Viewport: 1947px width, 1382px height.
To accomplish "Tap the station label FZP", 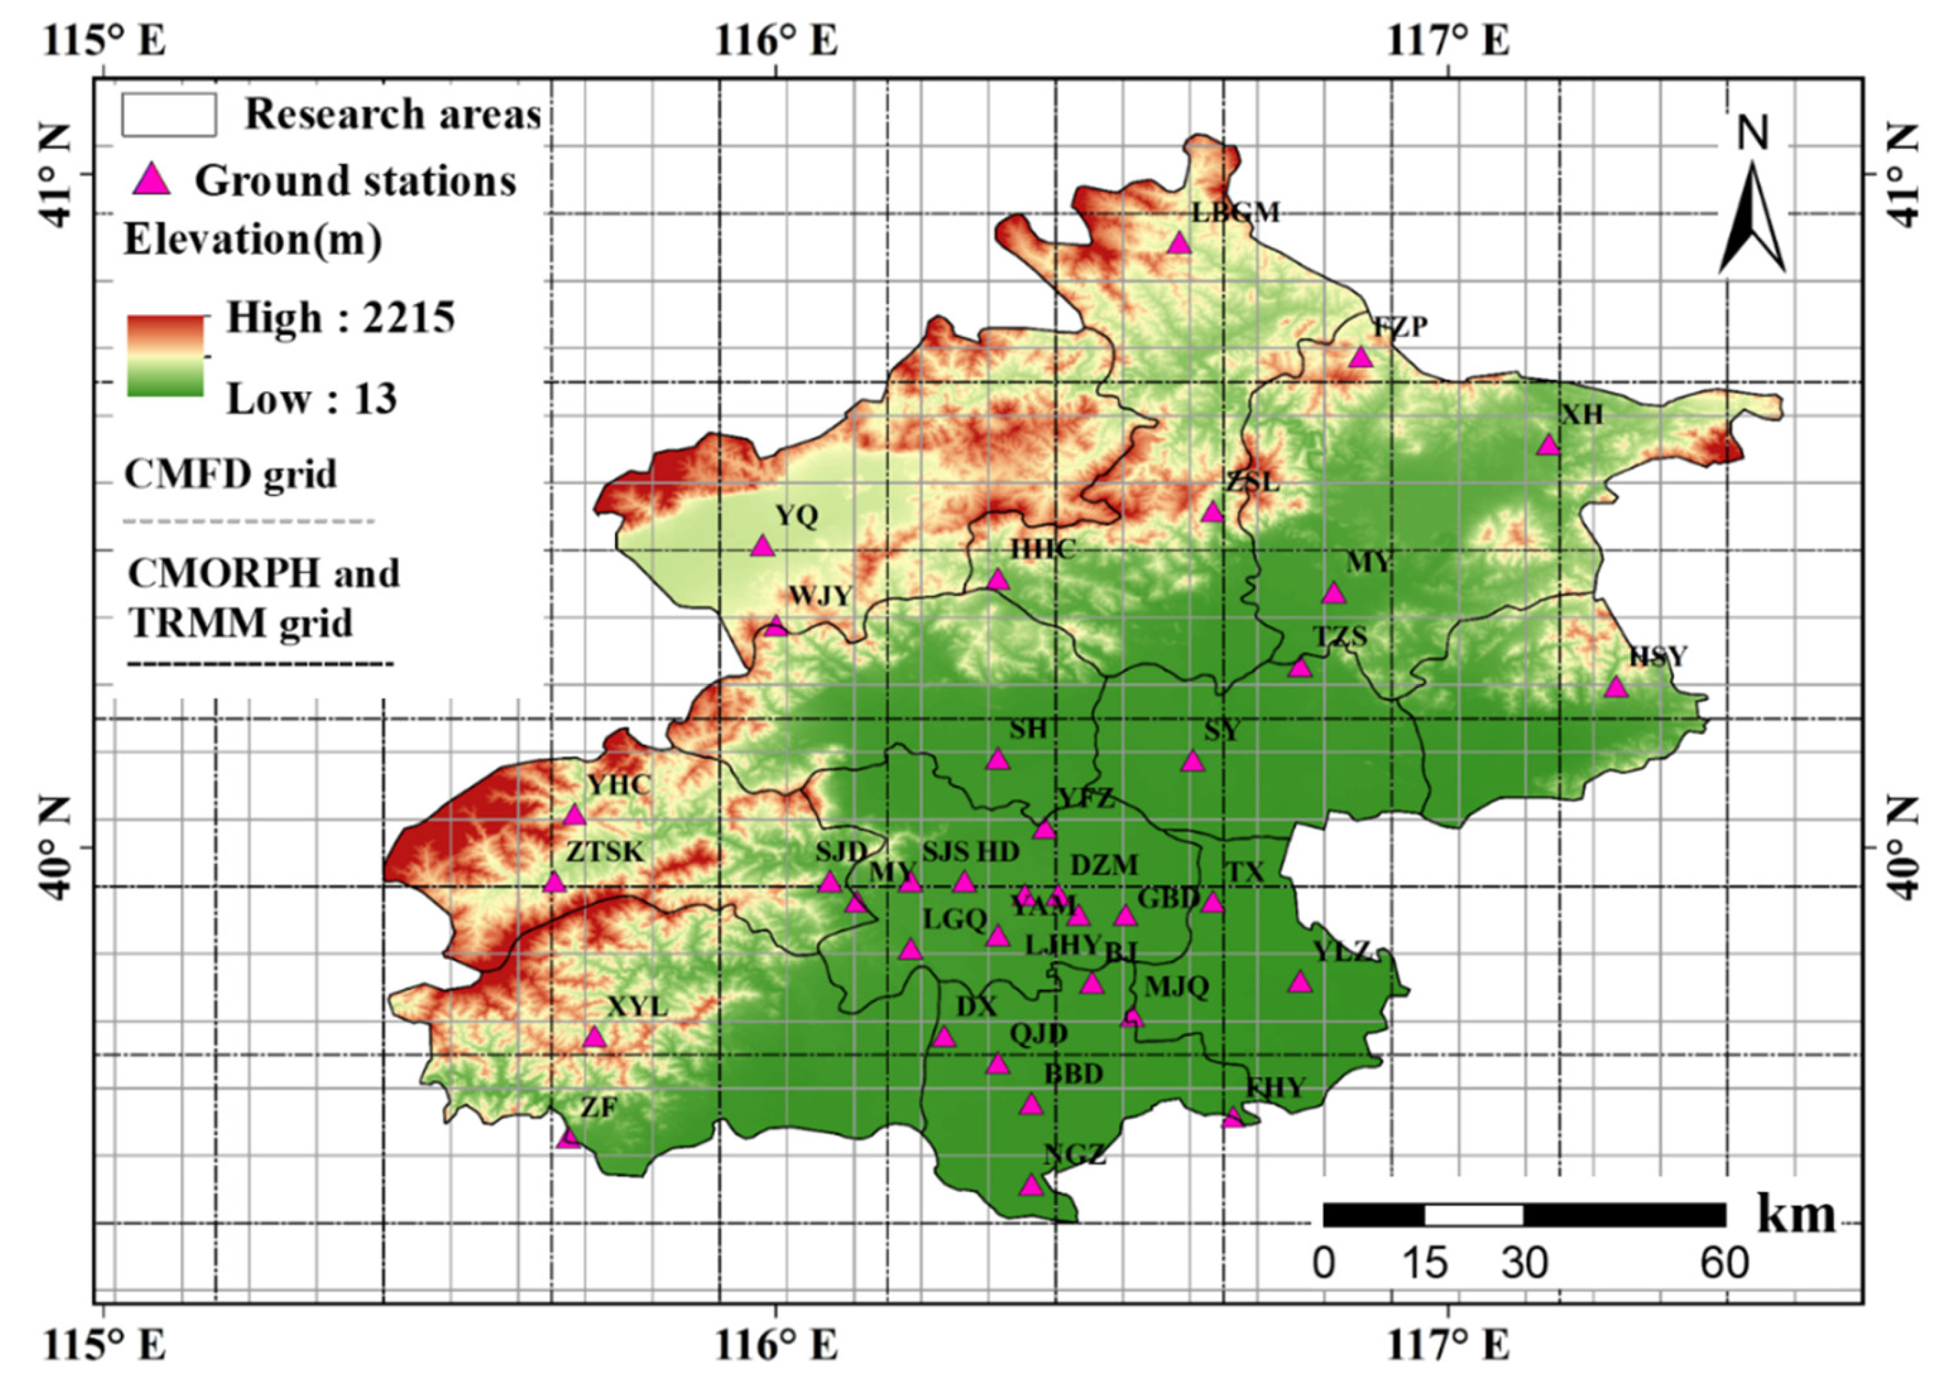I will (1400, 327).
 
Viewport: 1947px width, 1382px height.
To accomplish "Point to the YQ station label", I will (796, 515).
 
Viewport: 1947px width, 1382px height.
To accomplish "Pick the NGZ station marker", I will (1031, 1185).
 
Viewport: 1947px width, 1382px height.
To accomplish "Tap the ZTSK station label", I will (605, 852).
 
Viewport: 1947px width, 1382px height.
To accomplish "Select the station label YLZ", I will (1343, 951).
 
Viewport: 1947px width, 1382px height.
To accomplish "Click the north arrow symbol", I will (1751, 217).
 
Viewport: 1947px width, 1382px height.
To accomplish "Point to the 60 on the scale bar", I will (1724, 1264).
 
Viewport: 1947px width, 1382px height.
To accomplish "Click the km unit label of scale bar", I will (1795, 1214).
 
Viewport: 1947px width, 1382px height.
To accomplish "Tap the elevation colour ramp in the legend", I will (165, 356).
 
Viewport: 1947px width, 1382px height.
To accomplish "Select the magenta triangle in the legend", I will (153, 181).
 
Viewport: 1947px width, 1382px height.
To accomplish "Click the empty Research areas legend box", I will (169, 114).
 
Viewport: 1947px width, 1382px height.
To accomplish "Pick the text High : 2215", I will (340, 318).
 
